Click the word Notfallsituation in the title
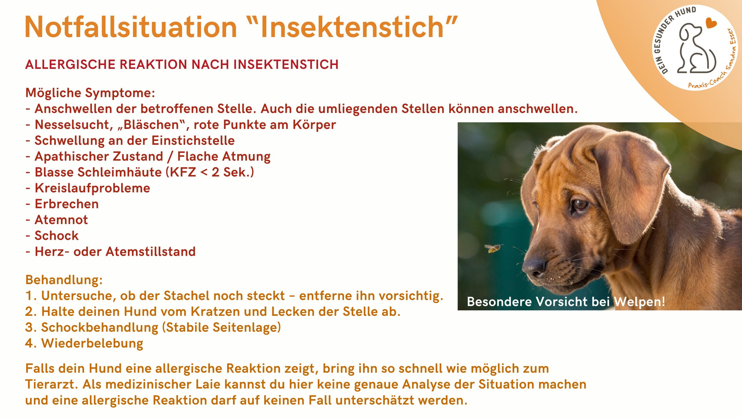131,27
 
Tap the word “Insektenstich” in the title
352,27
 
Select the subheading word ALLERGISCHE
70,64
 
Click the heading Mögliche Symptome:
90,93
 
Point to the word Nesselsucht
72,125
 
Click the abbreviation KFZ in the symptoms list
183,172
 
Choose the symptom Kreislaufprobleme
92,188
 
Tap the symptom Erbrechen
67,204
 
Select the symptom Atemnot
61,220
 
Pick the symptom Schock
57,236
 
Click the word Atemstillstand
150,251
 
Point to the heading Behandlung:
64,280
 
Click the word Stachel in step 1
186,296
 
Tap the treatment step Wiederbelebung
92,343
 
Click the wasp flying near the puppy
493,248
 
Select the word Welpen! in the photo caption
639,302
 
